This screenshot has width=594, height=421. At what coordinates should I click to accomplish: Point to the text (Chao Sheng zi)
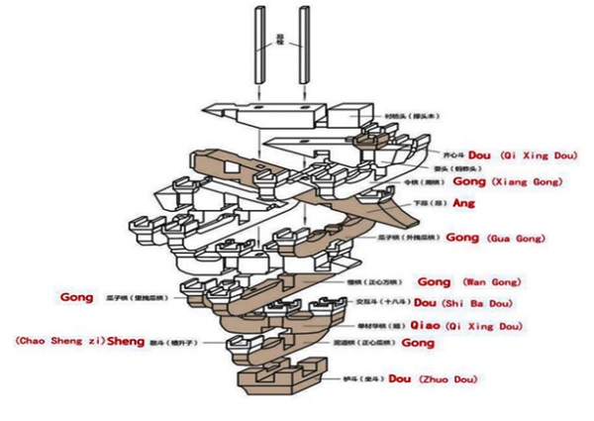tap(59, 341)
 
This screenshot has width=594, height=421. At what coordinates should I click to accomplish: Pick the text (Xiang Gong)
tap(527, 182)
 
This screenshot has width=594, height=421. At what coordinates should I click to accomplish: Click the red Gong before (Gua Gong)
tap(463, 238)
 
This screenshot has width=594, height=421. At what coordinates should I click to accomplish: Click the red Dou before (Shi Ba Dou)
tap(426, 302)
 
